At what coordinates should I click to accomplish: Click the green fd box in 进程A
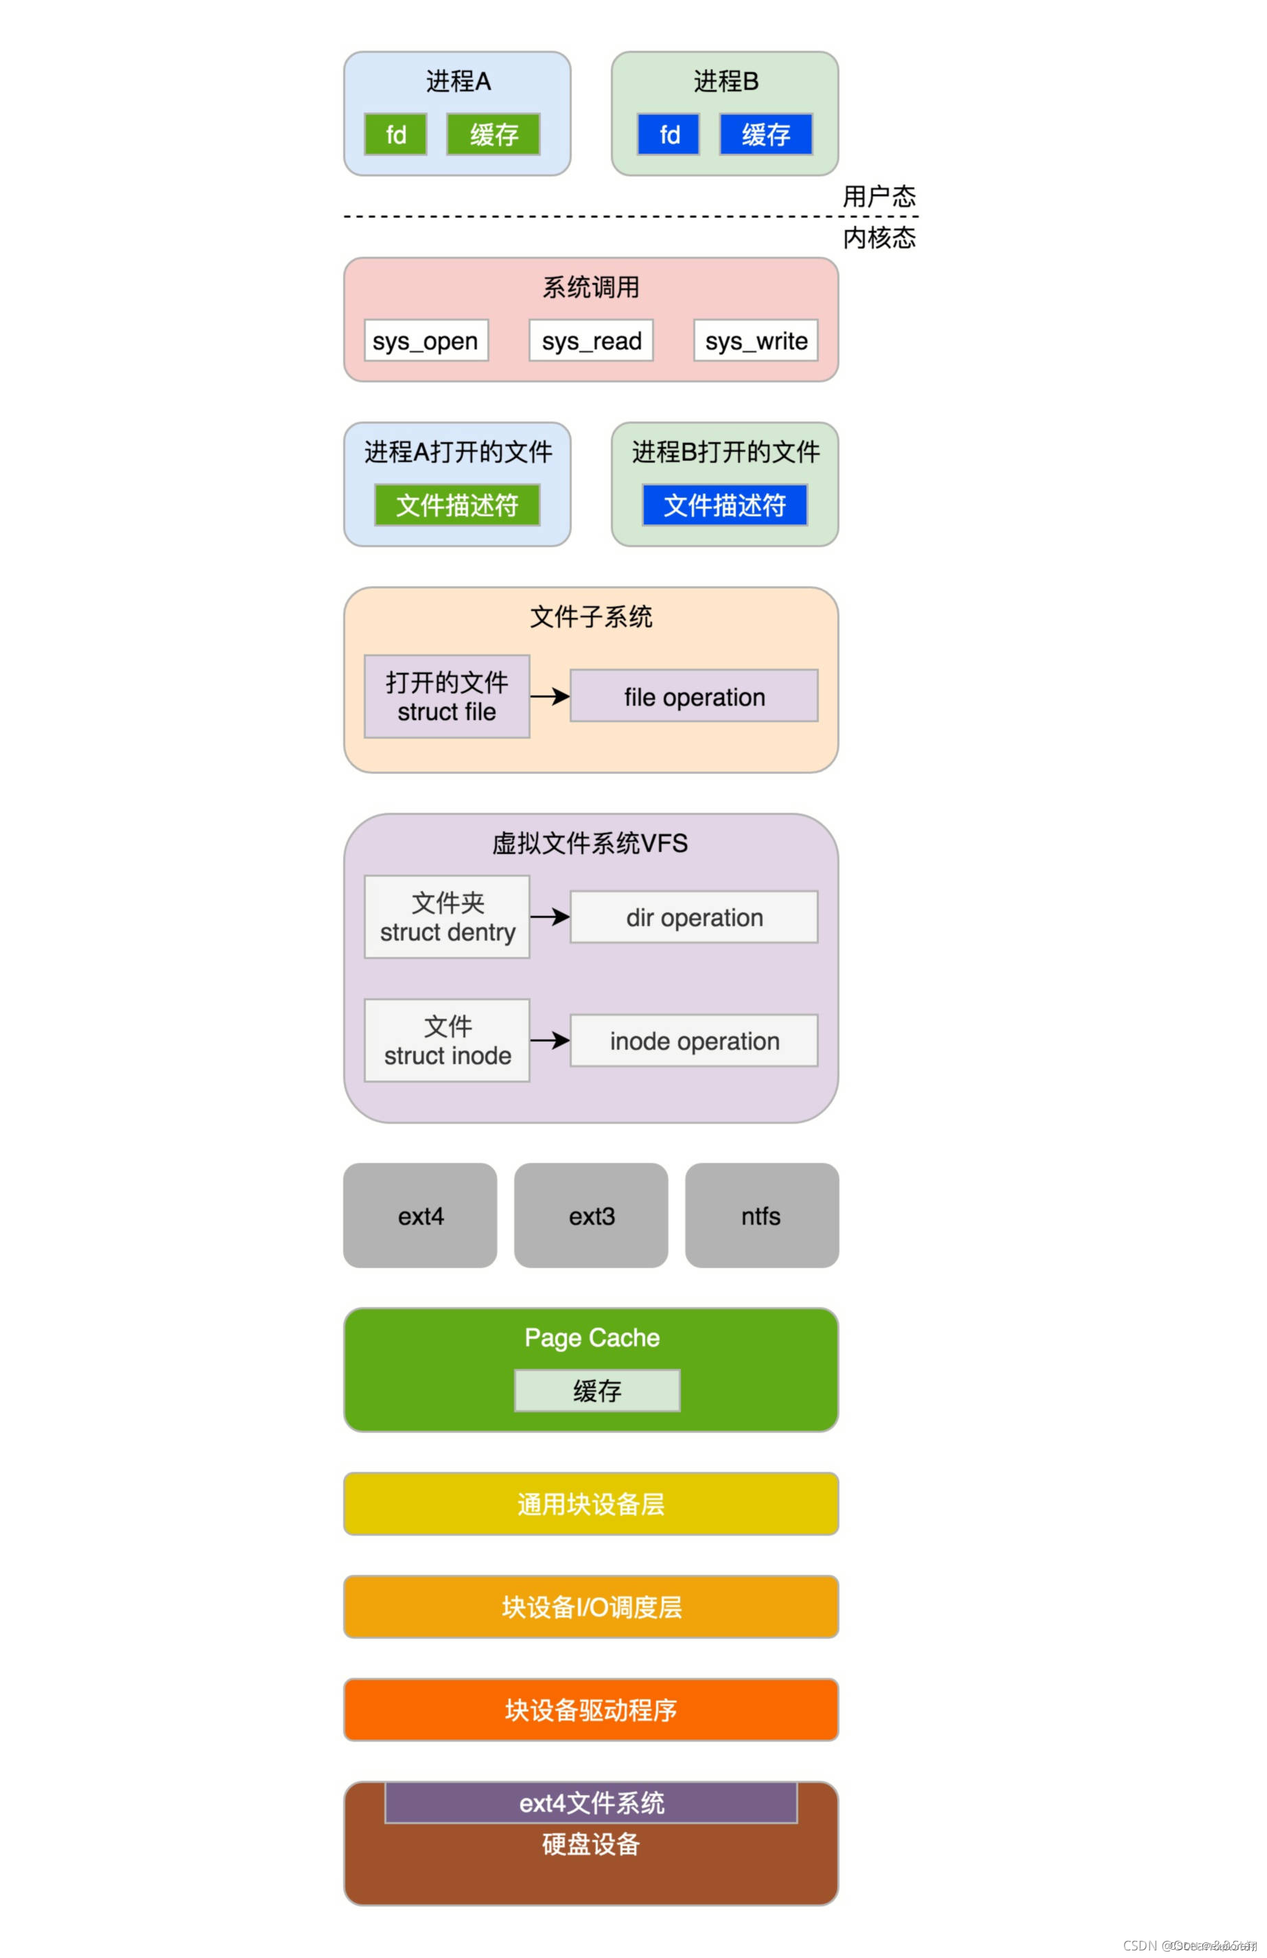coord(396,134)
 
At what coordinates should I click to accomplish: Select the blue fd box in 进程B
coord(668,134)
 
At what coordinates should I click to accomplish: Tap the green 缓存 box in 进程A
coord(493,134)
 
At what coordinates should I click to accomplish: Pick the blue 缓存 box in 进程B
coord(766,134)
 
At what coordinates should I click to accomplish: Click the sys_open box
coord(426,341)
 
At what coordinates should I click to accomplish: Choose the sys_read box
coord(591,341)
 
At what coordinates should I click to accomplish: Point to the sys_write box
coord(755,341)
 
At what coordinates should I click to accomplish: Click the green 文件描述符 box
coord(457,505)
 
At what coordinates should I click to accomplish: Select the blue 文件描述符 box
coord(725,505)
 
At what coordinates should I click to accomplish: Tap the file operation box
coord(694,696)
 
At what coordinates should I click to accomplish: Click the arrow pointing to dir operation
coord(550,917)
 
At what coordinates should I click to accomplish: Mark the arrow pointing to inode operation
coord(550,1041)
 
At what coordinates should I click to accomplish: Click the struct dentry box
coord(447,917)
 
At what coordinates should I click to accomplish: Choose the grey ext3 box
coord(591,1215)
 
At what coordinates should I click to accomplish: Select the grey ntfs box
coord(762,1215)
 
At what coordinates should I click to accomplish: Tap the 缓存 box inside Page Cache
coord(597,1390)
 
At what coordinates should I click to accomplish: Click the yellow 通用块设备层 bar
coord(591,1504)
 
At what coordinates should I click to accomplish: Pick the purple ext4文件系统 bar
coord(591,1803)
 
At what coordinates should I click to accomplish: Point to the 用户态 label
coord(879,196)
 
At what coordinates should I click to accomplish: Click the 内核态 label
coord(879,238)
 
